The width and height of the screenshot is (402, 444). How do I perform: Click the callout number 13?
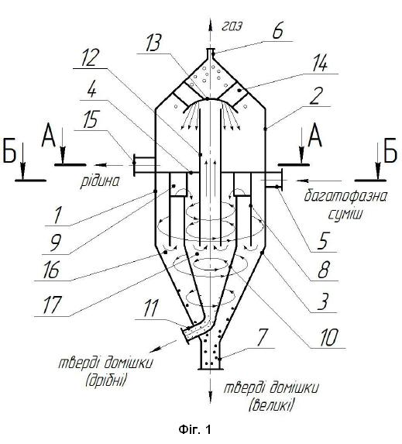153,43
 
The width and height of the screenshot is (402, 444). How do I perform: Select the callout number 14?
320,64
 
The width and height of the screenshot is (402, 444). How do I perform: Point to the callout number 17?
52,305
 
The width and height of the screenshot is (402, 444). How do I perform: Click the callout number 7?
261,338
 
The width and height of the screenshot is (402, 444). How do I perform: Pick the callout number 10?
328,338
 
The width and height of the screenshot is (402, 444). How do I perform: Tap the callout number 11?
150,308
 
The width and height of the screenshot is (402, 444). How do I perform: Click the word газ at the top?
232,26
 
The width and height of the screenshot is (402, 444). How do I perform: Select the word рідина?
100,181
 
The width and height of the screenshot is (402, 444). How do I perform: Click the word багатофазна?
345,197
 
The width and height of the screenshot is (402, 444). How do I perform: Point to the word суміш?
345,215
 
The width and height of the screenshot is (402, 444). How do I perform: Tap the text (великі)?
271,405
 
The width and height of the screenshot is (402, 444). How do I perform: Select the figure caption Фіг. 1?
194,430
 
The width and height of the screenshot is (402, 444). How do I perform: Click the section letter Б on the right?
391,153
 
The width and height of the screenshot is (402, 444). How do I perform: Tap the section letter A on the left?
49,137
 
